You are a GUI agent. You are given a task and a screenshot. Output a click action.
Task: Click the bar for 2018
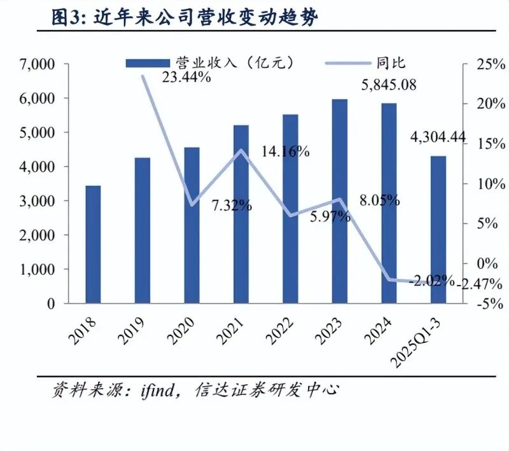pos(93,244)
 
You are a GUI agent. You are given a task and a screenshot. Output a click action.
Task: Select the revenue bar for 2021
pos(241,214)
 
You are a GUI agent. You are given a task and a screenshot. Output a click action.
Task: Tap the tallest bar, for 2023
pos(340,201)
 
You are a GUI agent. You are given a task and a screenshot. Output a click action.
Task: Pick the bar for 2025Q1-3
pos(438,229)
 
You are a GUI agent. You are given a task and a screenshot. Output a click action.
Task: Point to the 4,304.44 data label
pos(438,137)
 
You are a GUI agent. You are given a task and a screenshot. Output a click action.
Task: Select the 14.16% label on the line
pos(285,152)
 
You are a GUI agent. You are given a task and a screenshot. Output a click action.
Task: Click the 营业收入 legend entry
pos(210,62)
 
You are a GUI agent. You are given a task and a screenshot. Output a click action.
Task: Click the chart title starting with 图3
pos(185,18)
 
